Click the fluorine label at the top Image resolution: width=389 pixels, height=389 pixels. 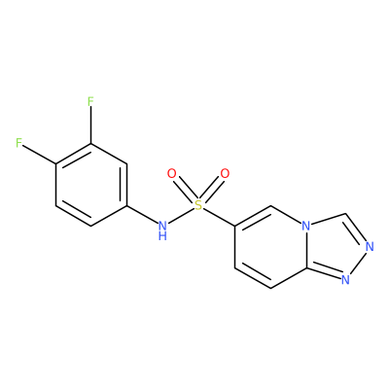tap(90, 102)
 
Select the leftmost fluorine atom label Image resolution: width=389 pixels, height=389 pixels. tap(19, 143)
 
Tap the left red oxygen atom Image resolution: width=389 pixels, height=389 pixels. tap(171, 174)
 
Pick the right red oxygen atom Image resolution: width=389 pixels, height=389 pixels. tap(225, 174)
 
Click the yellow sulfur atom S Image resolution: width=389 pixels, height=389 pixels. tap(198, 204)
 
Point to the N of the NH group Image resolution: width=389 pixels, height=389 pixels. tap(162, 225)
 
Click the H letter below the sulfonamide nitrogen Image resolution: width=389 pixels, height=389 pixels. tap(162, 235)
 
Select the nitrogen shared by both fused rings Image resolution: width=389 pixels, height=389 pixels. tap(305, 226)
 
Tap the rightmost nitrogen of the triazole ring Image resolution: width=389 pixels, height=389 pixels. tap(370, 247)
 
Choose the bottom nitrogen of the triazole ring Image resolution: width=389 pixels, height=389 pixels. tap(345, 279)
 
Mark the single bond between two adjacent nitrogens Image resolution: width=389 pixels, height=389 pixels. tap(358, 264)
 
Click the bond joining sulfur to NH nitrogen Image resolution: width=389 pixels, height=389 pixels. tap(181, 215)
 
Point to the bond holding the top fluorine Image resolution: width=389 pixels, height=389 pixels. tap(90, 125)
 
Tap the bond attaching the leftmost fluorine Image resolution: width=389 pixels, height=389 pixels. tap(39, 154)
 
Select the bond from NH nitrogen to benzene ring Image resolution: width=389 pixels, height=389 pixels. tap(142, 215)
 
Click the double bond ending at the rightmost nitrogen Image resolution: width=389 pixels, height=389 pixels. tap(355, 230)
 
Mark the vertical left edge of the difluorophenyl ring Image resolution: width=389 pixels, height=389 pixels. tap(55, 185)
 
